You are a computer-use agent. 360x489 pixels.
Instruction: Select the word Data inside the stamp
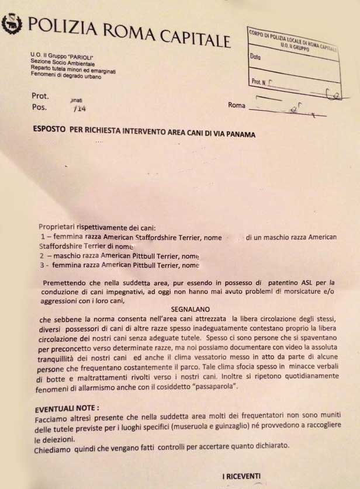click(x=255, y=57)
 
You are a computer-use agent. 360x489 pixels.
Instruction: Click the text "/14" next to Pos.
click(x=74, y=108)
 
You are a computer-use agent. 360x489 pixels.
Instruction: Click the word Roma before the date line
click(x=236, y=106)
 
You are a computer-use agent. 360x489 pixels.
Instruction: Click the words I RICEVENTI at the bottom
click(x=241, y=477)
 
